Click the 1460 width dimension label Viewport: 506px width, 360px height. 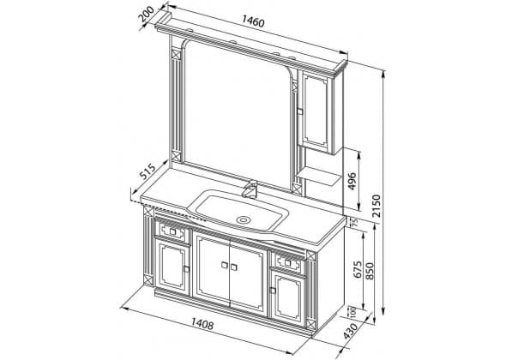point(253,21)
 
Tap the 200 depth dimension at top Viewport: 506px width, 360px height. point(146,14)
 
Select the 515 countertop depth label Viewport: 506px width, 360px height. point(148,171)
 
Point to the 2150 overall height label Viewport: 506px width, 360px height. point(376,206)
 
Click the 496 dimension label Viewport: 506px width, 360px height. point(352,182)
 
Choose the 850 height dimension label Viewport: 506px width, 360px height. point(370,271)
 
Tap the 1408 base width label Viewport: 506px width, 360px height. point(202,323)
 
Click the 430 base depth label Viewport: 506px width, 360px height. point(350,331)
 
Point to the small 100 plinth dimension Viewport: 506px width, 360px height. point(352,312)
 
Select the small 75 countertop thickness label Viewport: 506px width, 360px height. point(355,222)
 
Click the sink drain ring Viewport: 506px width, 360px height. point(243,220)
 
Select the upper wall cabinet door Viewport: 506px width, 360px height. point(316,111)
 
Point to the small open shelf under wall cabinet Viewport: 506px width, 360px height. point(319,176)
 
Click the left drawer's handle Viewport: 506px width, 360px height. point(172,231)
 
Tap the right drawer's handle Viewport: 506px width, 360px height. point(288,262)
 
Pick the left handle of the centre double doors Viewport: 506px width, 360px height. point(225,265)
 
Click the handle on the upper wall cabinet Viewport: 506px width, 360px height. point(300,111)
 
